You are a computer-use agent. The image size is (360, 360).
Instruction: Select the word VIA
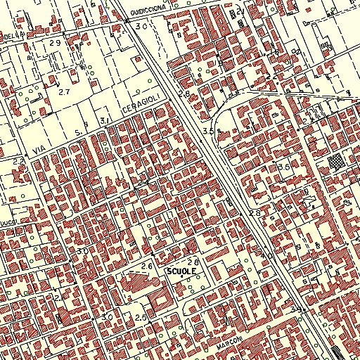pyautogui.click(x=39, y=150)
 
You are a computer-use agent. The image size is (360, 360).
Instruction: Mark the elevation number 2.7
pyautogui.click(x=65, y=92)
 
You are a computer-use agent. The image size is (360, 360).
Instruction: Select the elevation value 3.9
pyautogui.click(x=295, y=309)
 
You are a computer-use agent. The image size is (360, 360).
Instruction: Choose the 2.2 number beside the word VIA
pyautogui.click(x=18, y=162)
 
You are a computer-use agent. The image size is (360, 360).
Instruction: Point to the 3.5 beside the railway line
pyautogui.click(x=207, y=131)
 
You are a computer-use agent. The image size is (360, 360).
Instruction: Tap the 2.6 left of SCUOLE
pyautogui.click(x=147, y=266)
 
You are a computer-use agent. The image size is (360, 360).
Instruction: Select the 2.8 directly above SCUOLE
pyautogui.click(x=193, y=261)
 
